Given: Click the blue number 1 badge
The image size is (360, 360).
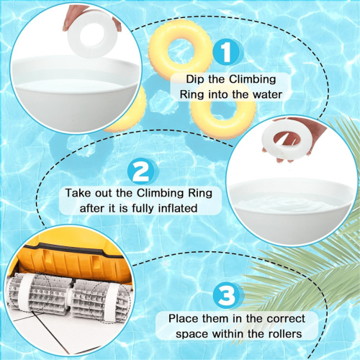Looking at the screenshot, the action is (x=225, y=52).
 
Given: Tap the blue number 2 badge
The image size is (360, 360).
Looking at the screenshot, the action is (x=140, y=171).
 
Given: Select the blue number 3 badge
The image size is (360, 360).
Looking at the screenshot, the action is (x=226, y=295).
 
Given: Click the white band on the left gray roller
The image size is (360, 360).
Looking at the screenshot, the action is (x=24, y=291).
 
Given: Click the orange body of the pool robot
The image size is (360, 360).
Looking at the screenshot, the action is (x=72, y=261).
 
